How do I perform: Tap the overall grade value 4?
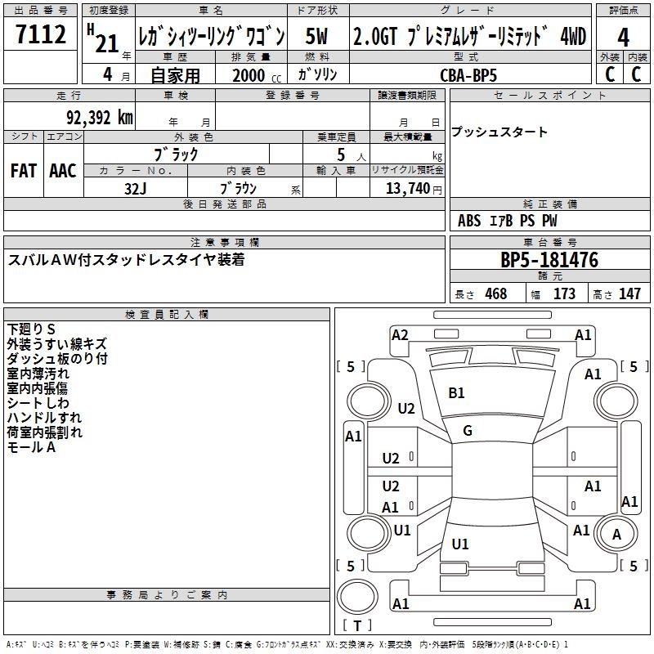(x=624, y=38)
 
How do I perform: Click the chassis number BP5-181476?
(x=549, y=261)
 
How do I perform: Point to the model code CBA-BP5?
(x=468, y=74)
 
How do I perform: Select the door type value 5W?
(x=317, y=37)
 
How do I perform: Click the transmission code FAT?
(x=24, y=171)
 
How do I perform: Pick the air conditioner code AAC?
(x=63, y=171)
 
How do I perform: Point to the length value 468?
(x=495, y=294)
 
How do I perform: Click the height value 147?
(x=629, y=294)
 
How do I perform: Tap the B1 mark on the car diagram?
(x=456, y=393)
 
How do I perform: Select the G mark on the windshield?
(x=468, y=431)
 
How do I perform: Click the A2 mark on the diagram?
(x=400, y=335)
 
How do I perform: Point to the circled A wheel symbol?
(x=618, y=535)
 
